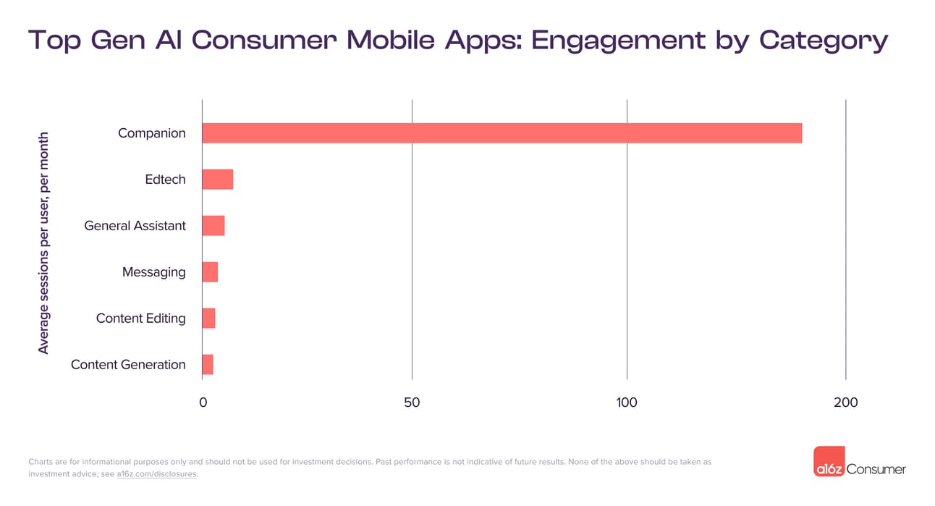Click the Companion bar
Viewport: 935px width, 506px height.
pyautogui.click(x=502, y=133)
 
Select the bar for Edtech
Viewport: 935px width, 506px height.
pyautogui.click(x=217, y=180)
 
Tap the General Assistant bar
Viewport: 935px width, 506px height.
pyautogui.click(x=213, y=226)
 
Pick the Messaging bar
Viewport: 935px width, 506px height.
pyautogui.click(x=209, y=272)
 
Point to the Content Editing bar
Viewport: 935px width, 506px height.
pyautogui.click(x=208, y=319)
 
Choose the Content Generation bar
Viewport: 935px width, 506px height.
pyautogui.click(x=207, y=365)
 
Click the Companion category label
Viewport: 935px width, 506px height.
pyautogui.click(x=151, y=133)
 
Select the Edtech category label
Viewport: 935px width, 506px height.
pyautogui.click(x=165, y=180)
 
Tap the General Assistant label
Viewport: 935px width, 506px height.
pyautogui.click(x=135, y=226)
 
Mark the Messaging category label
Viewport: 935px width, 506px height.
pyautogui.click(x=153, y=272)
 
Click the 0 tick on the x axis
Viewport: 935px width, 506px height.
pyautogui.click(x=203, y=402)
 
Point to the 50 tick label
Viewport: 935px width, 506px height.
pyautogui.click(x=412, y=402)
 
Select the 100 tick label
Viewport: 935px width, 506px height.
pyautogui.click(x=627, y=402)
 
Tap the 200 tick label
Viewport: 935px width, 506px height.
pyautogui.click(x=845, y=402)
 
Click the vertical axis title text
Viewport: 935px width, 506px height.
pyautogui.click(x=43, y=243)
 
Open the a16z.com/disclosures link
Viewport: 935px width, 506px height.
pyautogui.click(x=156, y=475)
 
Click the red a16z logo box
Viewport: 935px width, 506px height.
pyautogui.click(x=829, y=461)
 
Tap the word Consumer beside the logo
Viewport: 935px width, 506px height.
pyautogui.click(x=876, y=469)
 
